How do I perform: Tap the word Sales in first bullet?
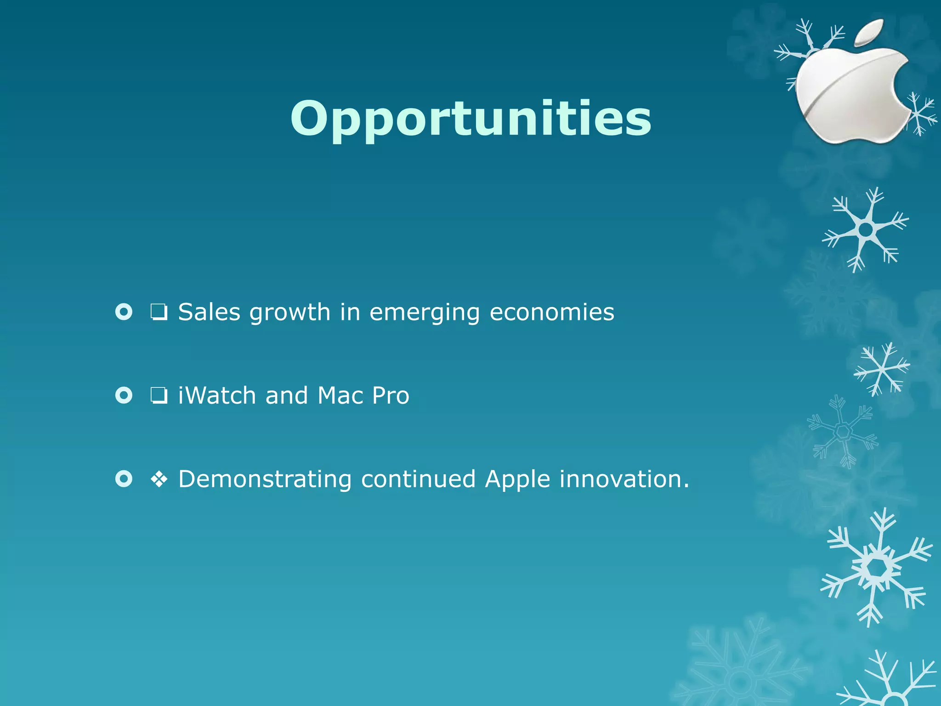[209, 313]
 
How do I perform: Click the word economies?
[552, 313]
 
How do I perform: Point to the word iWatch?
[217, 396]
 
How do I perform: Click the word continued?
[418, 479]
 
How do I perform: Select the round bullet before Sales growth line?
[124, 312]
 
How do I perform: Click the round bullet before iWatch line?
[124, 395]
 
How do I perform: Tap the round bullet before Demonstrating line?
[124, 479]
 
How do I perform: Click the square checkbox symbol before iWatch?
[159, 396]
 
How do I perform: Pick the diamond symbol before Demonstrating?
[159, 480]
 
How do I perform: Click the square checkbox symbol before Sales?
[159, 313]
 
